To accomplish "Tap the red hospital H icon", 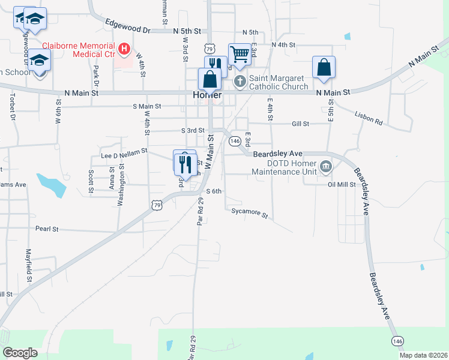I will pyautogui.click(x=124, y=48).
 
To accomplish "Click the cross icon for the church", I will pyautogui.click(x=240, y=81).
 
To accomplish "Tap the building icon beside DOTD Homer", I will pyautogui.click(x=325, y=166).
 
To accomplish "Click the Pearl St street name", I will pyautogui.click(x=46, y=229).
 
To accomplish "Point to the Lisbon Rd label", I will pyautogui.click(x=368, y=117).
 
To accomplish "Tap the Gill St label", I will pyautogui.click(x=300, y=124).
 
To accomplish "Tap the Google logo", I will pyautogui.click(x=20, y=352).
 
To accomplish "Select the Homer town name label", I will pyautogui.click(x=208, y=95).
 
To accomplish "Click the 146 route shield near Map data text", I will pyautogui.click(x=397, y=340).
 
